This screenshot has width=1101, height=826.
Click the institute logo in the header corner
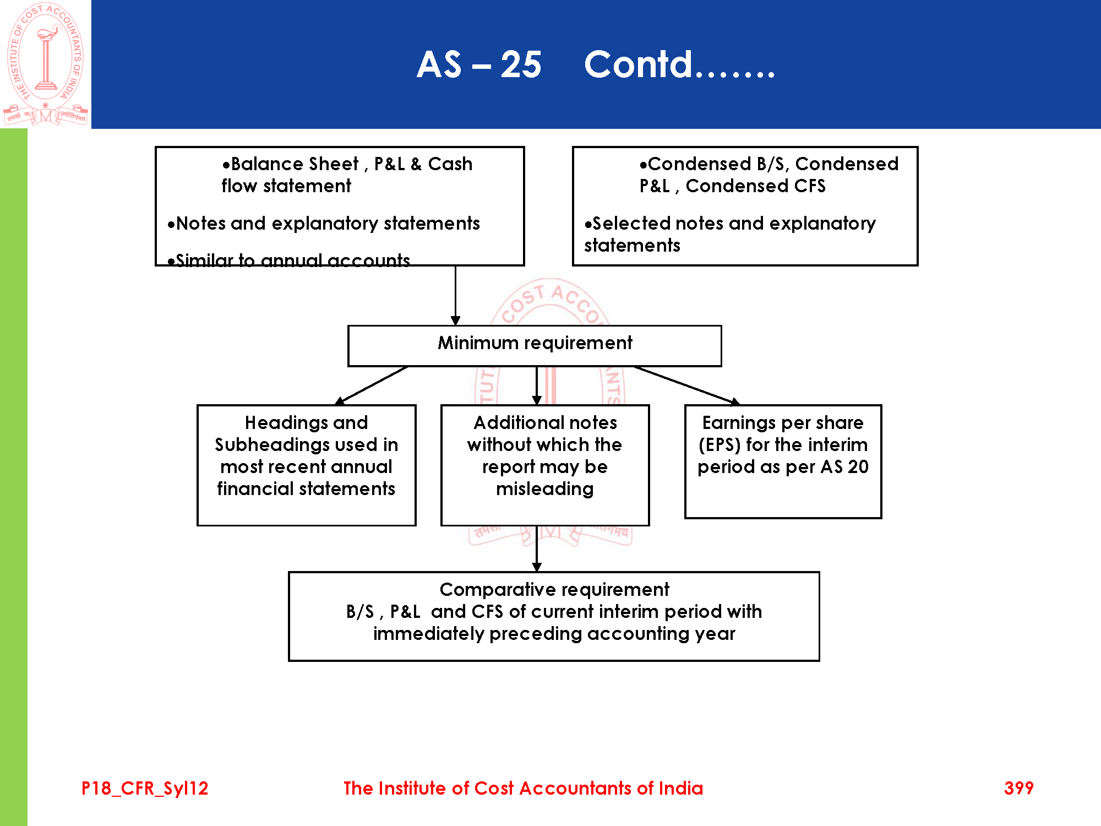click(45, 63)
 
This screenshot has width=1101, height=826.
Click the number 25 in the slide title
click(520, 65)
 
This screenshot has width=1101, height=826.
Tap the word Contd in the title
click(637, 65)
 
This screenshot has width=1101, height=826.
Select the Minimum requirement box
click(535, 345)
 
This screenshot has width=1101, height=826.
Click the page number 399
click(1018, 788)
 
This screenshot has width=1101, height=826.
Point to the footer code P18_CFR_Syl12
click(145, 788)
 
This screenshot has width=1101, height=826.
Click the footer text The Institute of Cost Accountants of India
click(523, 788)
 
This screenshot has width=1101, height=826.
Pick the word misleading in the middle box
click(544, 489)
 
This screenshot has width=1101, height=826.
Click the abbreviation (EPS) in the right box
click(719, 445)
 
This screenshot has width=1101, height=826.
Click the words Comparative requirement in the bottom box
click(554, 590)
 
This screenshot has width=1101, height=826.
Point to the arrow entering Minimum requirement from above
click(455, 297)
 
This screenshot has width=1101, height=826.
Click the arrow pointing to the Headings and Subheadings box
click(372, 385)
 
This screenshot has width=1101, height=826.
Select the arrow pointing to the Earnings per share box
click(685, 385)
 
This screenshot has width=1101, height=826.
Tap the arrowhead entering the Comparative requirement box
click(537, 567)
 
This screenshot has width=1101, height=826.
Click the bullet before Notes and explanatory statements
click(171, 224)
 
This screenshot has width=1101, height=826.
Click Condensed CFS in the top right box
click(755, 186)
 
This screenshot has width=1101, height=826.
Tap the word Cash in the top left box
click(450, 164)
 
